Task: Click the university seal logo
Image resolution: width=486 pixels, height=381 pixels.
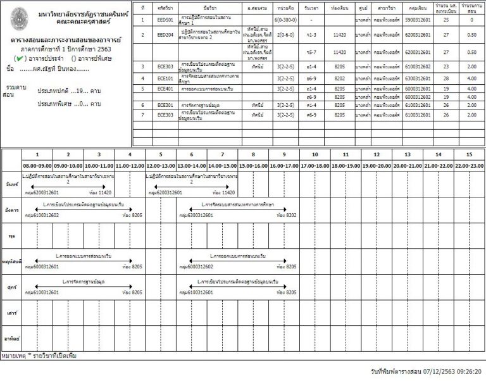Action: click(x=20, y=17)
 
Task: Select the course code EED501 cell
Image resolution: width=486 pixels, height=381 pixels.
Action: click(x=165, y=20)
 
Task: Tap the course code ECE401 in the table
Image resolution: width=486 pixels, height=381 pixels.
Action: click(x=165, y=89)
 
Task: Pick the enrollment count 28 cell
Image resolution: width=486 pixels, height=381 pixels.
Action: click(x=446, y=78)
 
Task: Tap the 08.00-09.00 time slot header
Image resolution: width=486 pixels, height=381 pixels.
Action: click(x=37, y=165)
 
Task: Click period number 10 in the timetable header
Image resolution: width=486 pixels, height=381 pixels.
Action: click(x=315, y=154)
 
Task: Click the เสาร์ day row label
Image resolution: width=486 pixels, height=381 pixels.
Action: click(x=9, y=312)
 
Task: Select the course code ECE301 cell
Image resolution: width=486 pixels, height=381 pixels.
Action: click(x=165, y=104)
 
